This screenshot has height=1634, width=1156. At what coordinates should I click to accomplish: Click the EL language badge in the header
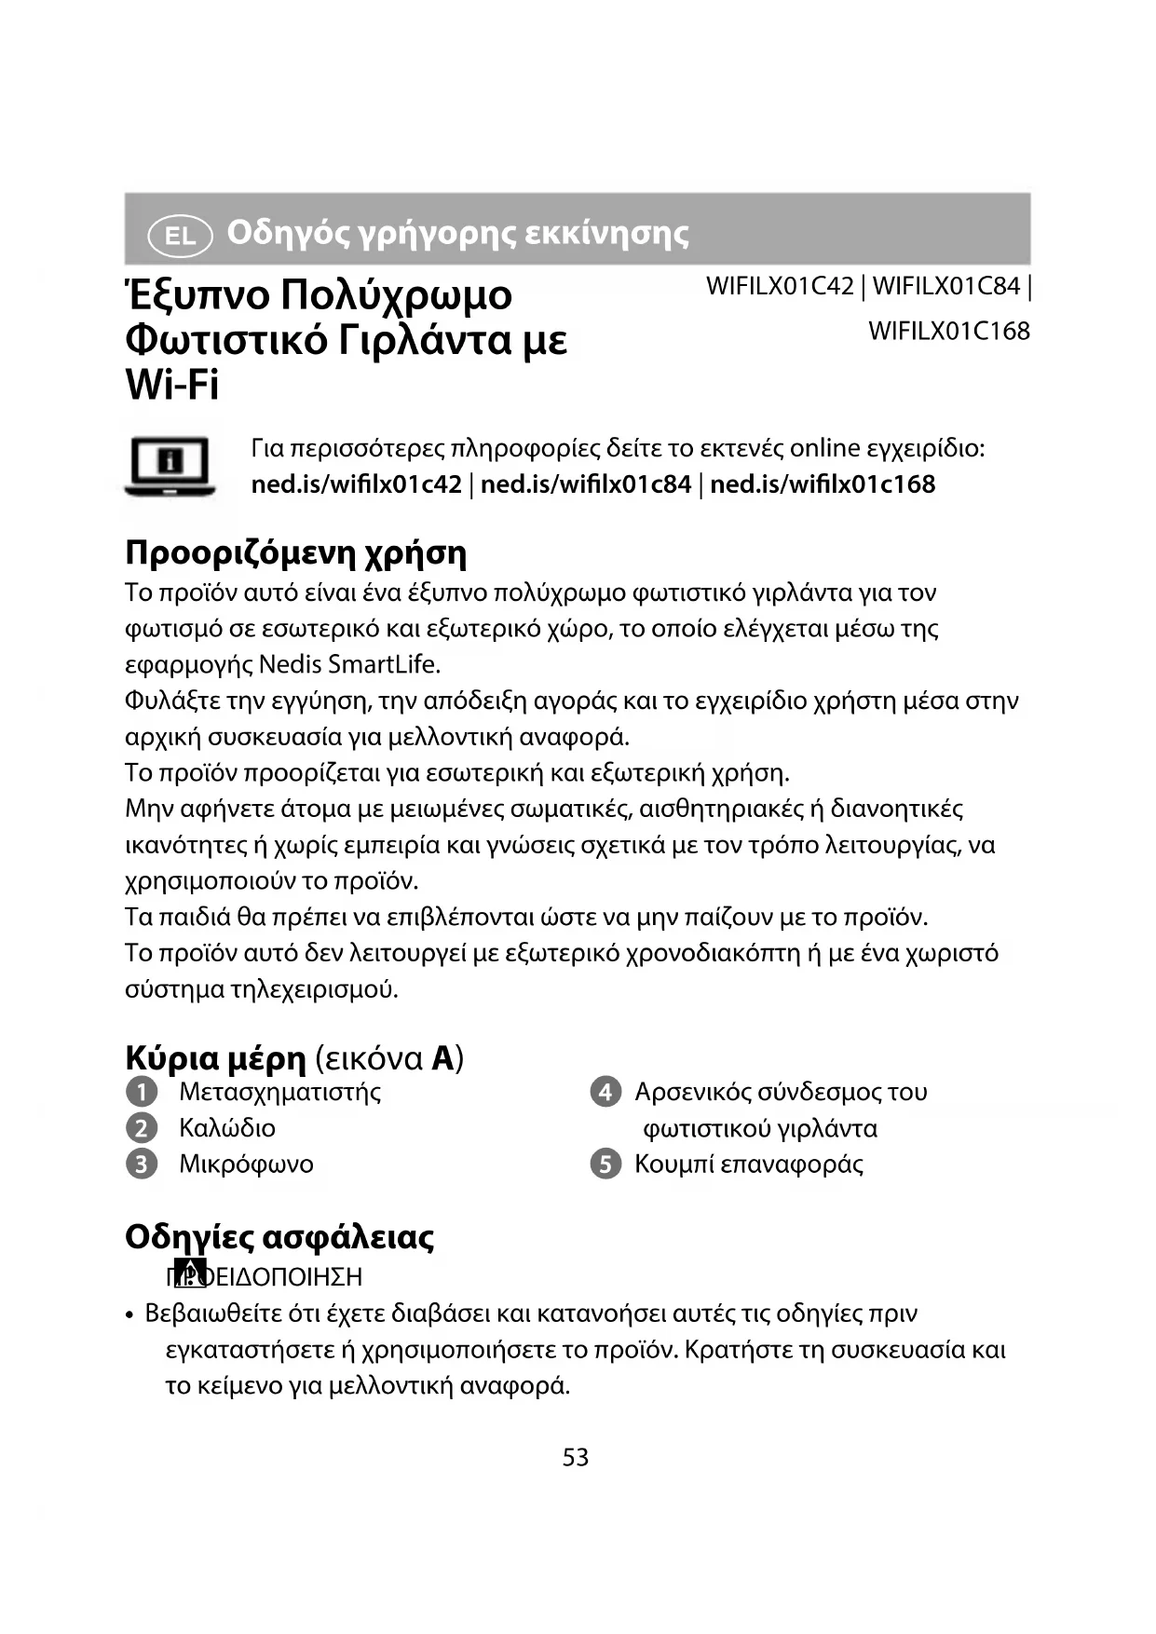(180, 235)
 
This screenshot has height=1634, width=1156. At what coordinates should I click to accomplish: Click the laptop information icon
(170, 465)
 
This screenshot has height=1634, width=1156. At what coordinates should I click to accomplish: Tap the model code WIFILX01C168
(948, 331)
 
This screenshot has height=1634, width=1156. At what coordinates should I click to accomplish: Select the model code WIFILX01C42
(780, 286)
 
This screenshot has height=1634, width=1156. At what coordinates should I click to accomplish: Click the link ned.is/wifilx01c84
(586, 484)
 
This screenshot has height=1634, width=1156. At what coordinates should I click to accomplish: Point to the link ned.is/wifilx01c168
(823, 484)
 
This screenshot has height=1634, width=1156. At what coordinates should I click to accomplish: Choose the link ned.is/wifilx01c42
(357, 484)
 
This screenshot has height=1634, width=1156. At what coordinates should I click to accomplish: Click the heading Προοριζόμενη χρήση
(295, 552)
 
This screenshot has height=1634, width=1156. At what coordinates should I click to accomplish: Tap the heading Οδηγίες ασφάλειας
(279, 1236)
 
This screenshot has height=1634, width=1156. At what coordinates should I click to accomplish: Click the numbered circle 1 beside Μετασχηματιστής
(142, 1092)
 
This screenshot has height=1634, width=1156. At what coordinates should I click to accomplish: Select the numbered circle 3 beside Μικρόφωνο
(142, 1164)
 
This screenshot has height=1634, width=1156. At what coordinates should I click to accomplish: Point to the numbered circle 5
(605, 1164)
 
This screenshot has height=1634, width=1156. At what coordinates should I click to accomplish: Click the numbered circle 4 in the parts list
(605, 1092)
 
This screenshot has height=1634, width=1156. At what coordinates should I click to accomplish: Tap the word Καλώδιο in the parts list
(227, 1128)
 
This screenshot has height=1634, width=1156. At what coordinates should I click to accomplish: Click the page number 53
(576, 1457)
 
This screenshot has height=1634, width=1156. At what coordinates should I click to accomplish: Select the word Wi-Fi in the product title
(172, 385)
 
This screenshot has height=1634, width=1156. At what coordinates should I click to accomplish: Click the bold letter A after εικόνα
(443, 1058)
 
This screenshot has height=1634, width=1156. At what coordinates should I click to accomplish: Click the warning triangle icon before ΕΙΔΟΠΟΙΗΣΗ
(190, 1273)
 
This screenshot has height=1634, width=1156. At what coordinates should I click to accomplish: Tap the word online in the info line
(824, 448)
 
